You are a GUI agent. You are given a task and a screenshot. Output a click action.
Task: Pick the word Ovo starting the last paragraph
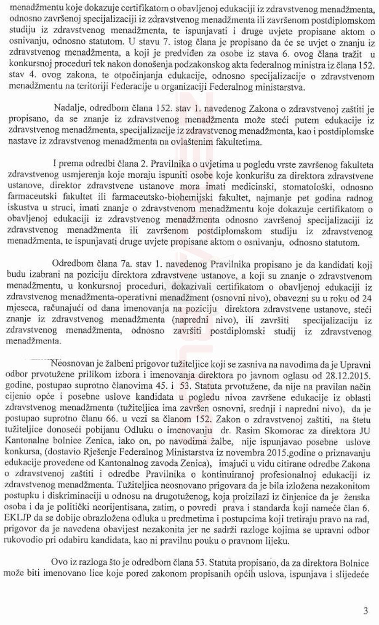pos(59,562)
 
